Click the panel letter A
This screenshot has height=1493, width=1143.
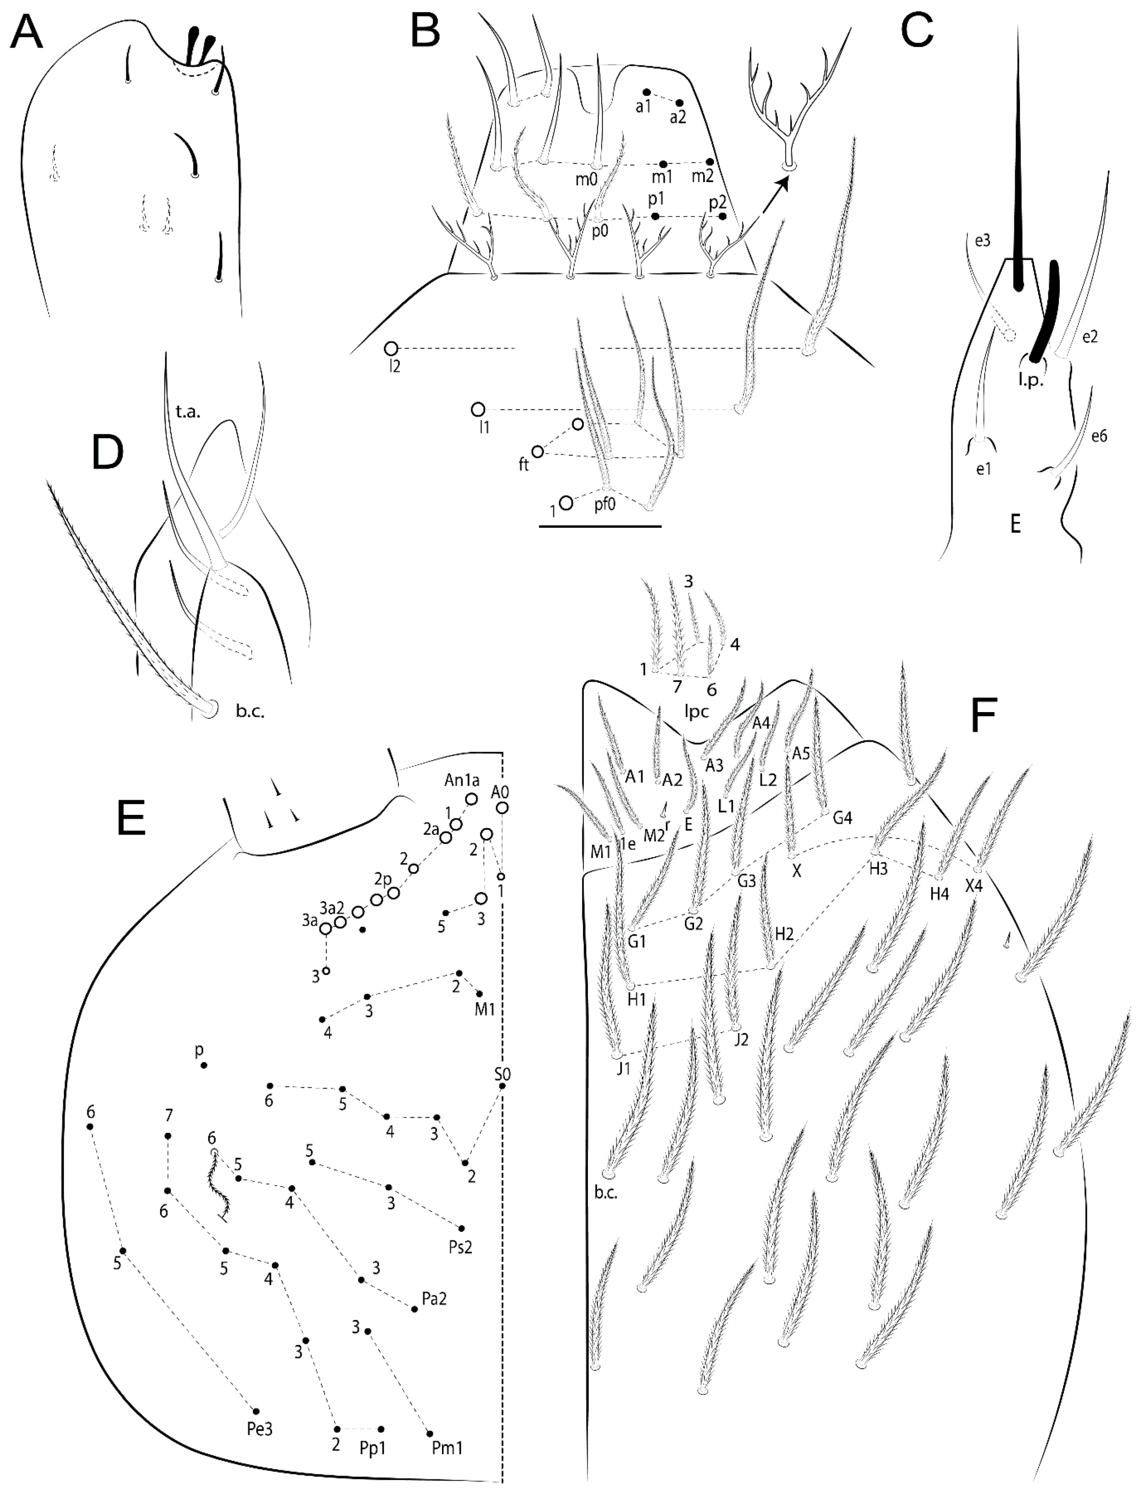tap(26, 33)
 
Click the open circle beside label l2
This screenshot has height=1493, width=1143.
tap(390, 349)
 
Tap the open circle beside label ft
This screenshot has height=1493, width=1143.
tap(538, 452)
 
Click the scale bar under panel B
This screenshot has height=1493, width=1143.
tap(599, 526)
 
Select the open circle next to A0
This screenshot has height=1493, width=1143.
tap(503, 807)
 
